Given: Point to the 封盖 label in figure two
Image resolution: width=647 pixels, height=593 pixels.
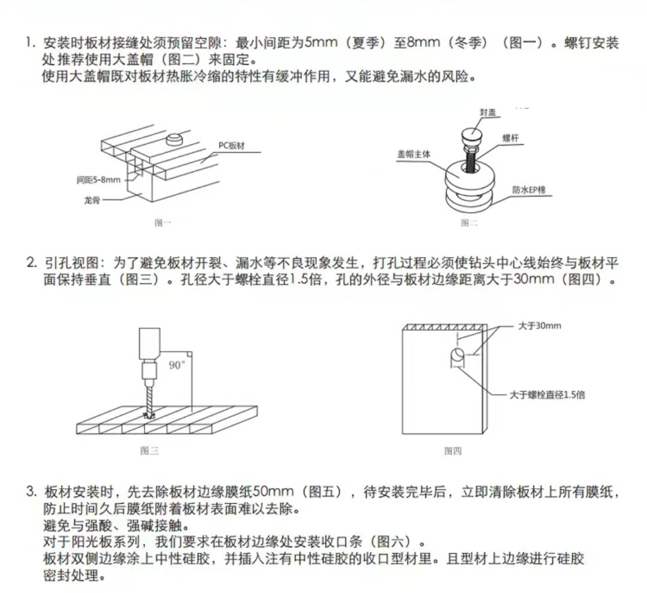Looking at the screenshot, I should coord(488,113).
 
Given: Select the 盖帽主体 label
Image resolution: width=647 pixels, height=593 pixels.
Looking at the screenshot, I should coord(413,154).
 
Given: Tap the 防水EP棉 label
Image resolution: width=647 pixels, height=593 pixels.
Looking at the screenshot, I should coord(528,190).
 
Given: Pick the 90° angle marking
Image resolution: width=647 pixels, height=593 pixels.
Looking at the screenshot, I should coord(177,365).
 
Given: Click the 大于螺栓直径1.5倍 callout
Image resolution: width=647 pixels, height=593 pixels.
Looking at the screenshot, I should coord(547,395).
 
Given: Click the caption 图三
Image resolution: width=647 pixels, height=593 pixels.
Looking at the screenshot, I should coord(149,450).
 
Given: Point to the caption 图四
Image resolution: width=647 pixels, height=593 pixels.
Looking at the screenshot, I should coord(452,450).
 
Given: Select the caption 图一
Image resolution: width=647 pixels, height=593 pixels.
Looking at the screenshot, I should coord(162,222).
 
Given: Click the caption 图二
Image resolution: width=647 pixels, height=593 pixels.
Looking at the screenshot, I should coord(468,222).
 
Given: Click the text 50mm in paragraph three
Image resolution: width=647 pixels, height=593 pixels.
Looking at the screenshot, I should coord(273,492).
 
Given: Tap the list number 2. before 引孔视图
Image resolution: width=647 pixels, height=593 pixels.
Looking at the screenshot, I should coord(31,262).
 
